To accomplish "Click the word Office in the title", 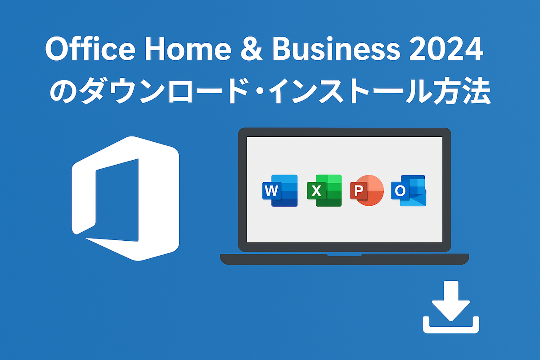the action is click(90, 49).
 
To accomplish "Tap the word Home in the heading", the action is click(188, 49).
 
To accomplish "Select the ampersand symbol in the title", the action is click(252, 49).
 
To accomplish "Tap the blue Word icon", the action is click(280, 190).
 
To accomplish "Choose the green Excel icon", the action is click(324, 190).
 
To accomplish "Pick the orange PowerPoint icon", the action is click(367, 190).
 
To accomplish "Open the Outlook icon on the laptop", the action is click(409, 190).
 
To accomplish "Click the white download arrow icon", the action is click(451, 307).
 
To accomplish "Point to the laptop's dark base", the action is click(345, 259).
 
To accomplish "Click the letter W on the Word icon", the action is click(271, 191).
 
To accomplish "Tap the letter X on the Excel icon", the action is click(316, 191).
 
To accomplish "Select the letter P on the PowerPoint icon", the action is click(359, 191).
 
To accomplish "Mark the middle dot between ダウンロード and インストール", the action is click(259, 91).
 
